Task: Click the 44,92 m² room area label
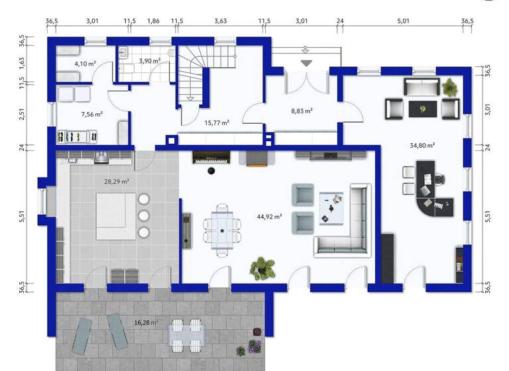[269, 215]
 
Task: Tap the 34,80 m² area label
[422, 145]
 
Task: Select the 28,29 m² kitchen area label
[117, 180]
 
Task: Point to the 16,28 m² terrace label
[146, 323]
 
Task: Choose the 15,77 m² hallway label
[217, 123]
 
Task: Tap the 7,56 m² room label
[91, 114]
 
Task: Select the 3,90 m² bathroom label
[148, 60]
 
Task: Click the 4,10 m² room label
[85, 64]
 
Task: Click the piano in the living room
[209, 158]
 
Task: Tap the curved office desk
[437, 199]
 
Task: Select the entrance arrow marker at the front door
[306, 63]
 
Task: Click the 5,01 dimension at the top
[403, 21]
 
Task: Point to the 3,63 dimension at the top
[221, 21]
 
